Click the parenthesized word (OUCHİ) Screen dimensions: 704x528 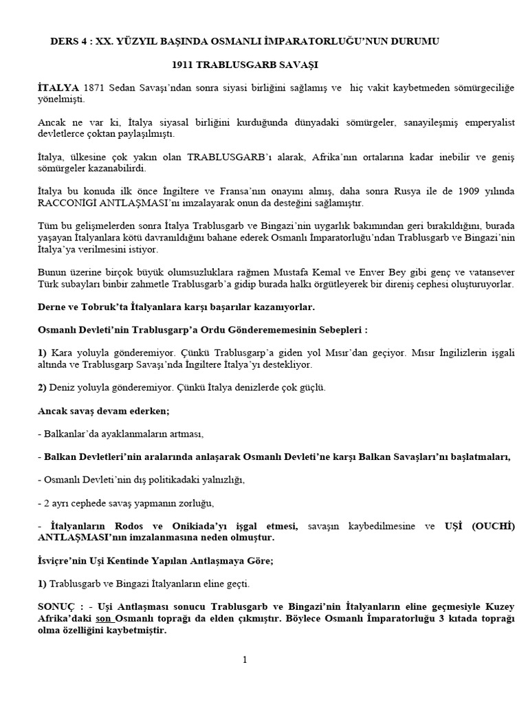coord(494,526)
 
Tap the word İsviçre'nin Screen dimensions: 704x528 coord(65,560)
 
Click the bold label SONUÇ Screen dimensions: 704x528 coord(58,607)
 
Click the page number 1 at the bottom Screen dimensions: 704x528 coord(245,660)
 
